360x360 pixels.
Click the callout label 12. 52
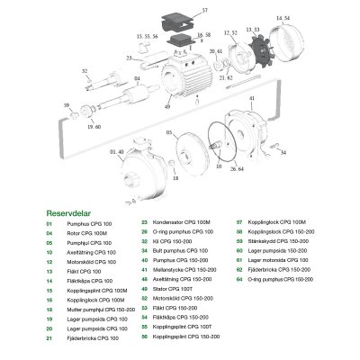(231, 32)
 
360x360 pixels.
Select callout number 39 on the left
(64, 105)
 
